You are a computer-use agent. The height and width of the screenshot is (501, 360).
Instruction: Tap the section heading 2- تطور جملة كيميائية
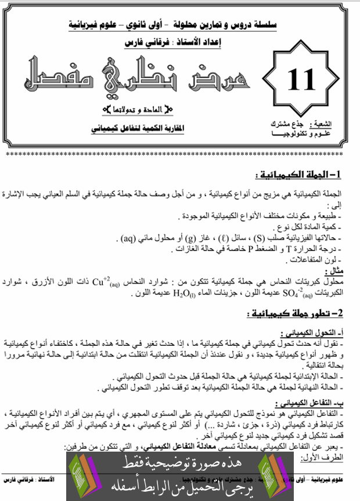coord(296,313)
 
